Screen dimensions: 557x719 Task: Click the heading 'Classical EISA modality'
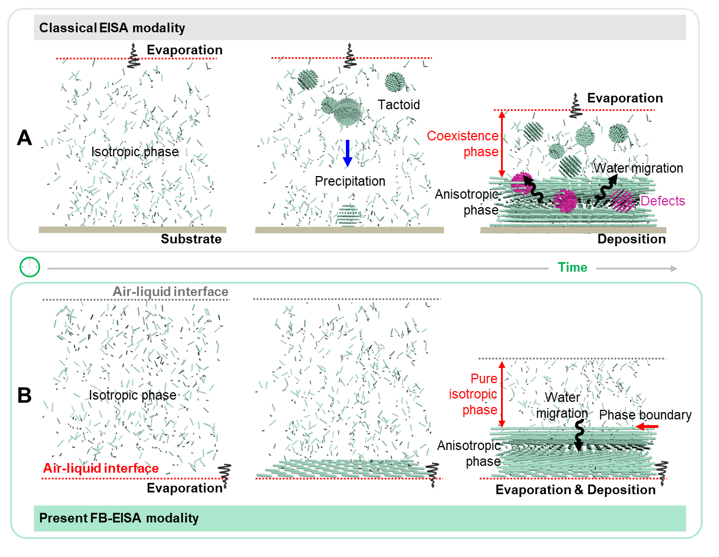coord(112,28)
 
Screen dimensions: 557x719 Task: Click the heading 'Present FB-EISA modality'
coord(119,518)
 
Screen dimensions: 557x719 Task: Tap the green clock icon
coord(30,267)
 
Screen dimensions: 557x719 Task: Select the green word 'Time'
coord(572,267)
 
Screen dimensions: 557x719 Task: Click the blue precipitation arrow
coord(348,153)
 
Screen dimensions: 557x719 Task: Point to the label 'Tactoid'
coord(399,105)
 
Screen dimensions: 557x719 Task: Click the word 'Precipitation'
coord(350,181)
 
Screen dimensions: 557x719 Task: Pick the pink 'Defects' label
coord(662,201)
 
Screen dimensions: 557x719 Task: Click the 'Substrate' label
coord(191,239)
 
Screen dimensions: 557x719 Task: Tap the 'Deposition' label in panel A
coord(631,239)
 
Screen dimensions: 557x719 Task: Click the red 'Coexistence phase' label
coord(463,144)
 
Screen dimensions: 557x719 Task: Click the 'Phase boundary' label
coord(645,415)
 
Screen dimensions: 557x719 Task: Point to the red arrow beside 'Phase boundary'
coord(647,426)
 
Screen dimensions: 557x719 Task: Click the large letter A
coord(24,138)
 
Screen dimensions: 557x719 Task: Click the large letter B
coord(24,395)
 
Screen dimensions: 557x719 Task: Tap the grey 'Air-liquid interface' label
coord(170,292)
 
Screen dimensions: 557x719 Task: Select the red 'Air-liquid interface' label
coord(101,468)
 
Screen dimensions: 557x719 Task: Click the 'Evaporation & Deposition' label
coord(575,490)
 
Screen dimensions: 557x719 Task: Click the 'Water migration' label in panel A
coord(638,168)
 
